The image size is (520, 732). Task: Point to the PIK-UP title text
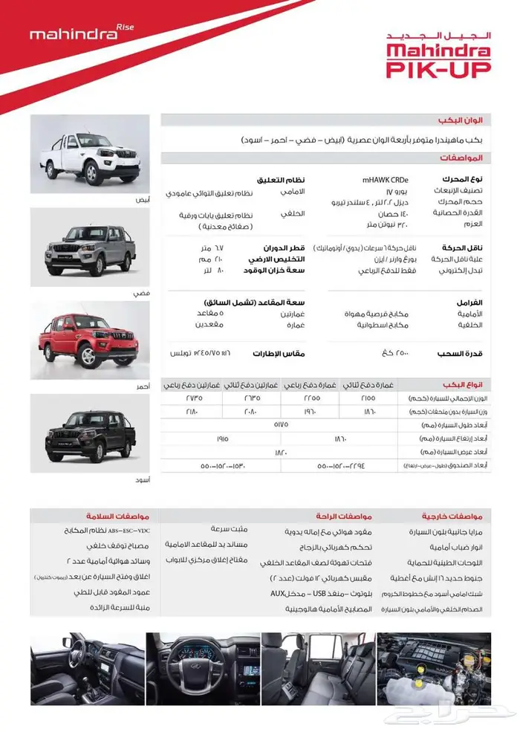[438, 68]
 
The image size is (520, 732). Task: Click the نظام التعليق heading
[282, 180]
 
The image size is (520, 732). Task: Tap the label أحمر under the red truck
[144, 387]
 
